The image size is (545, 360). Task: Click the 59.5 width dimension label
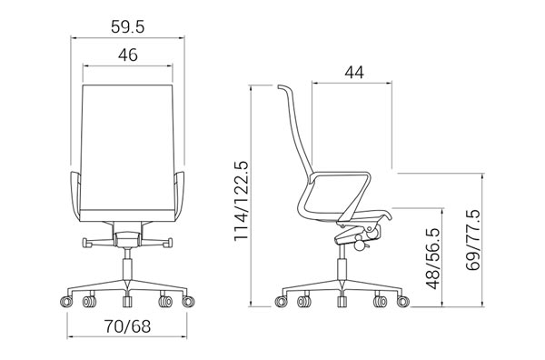point(127,26)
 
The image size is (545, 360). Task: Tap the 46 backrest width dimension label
point(127,55)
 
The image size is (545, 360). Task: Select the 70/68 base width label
point(127,326)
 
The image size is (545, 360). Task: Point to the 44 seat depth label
point(354,73)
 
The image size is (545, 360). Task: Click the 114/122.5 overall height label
point(241,201)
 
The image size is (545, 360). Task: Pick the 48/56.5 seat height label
point(433,258)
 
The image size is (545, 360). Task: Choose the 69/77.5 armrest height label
point(472,240)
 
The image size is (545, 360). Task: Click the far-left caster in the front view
point(66,301)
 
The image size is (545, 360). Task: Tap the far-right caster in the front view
point(188,301)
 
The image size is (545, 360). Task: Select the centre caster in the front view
point(127,301)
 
